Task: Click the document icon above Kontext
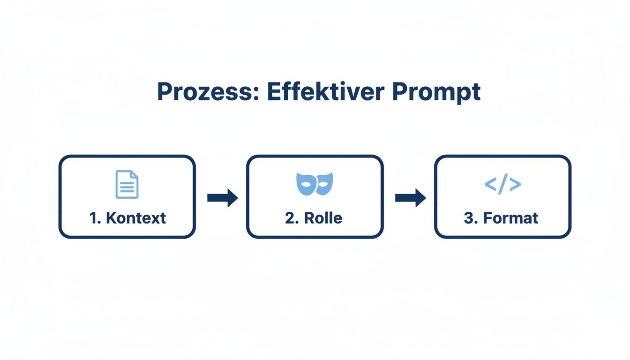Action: click(127, 184)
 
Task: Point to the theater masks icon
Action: click(315, 184)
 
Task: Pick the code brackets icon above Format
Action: click(502, 184)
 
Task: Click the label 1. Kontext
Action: click(127, 218)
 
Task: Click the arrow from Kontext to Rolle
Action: click(222, 198)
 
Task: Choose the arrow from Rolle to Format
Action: click(410, 198)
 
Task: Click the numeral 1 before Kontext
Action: click(93, 218)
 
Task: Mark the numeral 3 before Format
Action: click(468, 218)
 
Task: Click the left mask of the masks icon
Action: click(306, 183)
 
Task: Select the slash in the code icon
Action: click(502, 184)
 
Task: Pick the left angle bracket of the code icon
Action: click(490, 184)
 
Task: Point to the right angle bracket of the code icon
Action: click(515, 184)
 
